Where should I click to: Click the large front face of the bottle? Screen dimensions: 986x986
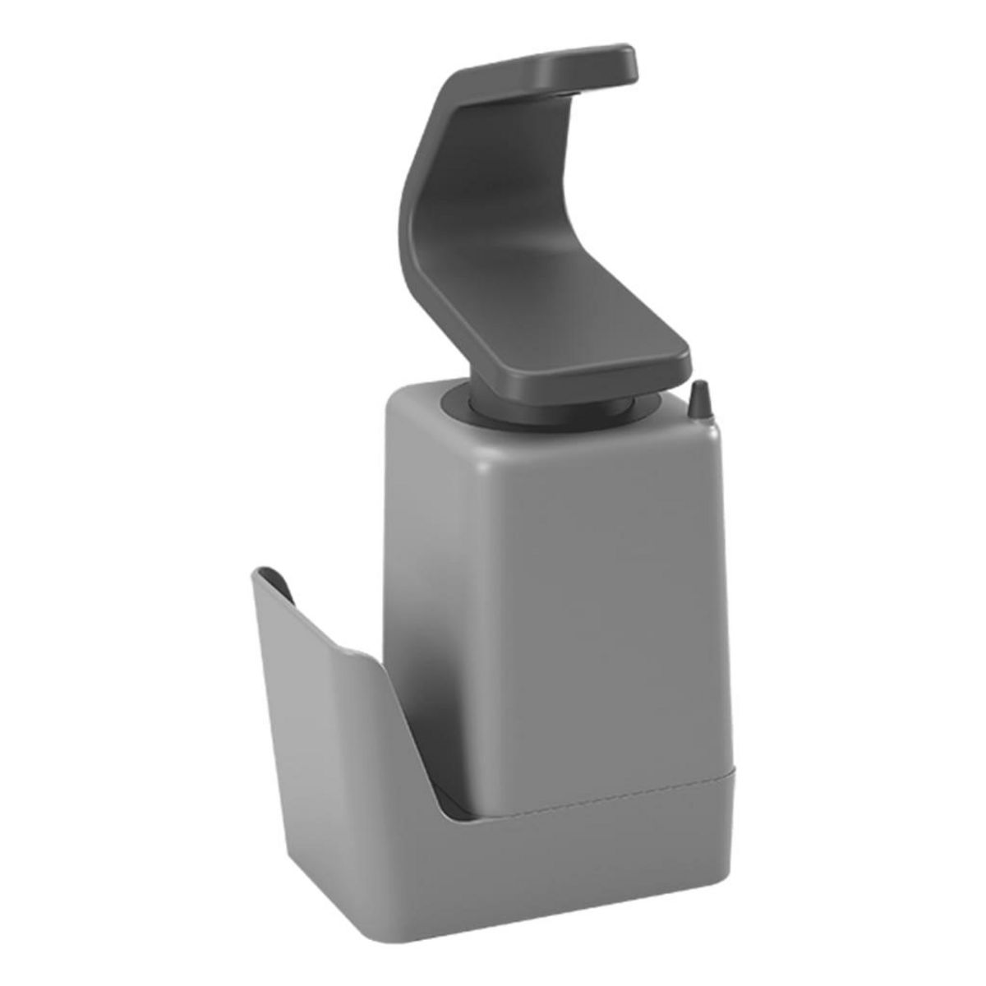[x=592, y=592]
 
